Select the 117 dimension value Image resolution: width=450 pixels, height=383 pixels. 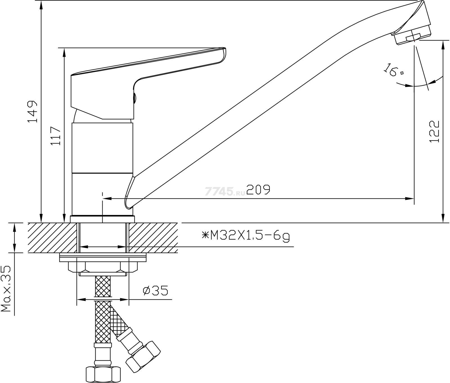pos(55,136)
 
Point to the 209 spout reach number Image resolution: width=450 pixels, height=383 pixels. pos(258,189)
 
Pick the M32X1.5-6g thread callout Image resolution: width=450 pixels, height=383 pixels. pos(246,236)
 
